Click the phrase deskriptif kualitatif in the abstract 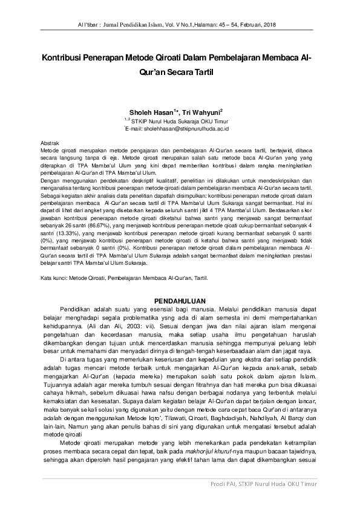coord(133,181)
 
